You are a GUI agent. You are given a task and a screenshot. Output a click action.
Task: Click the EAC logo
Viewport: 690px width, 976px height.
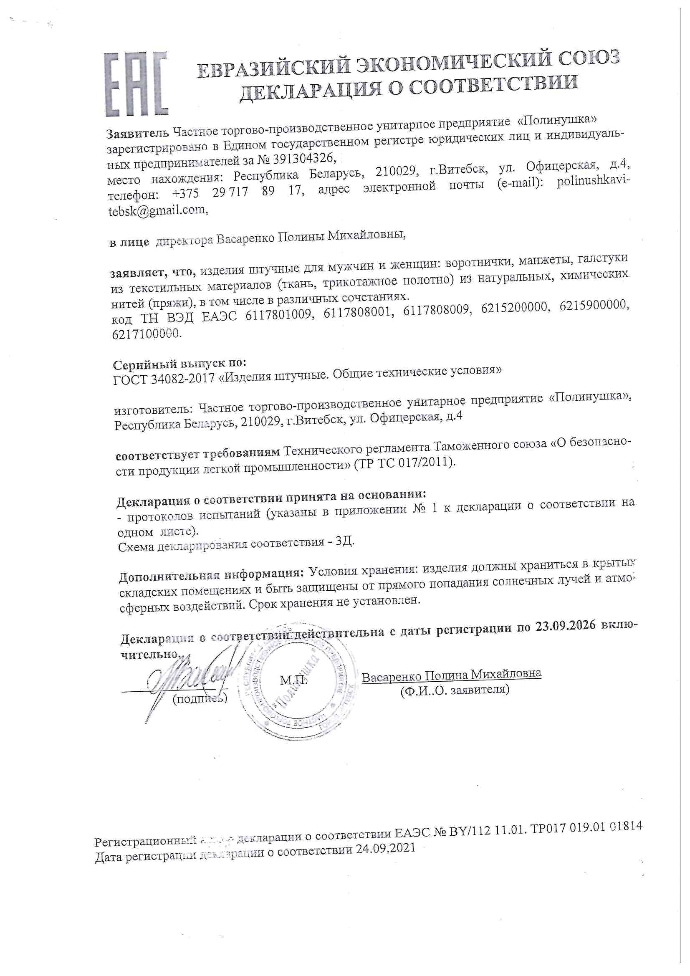(136, 84)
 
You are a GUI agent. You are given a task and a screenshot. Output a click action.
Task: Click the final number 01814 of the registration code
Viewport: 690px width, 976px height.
(624, 827)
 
